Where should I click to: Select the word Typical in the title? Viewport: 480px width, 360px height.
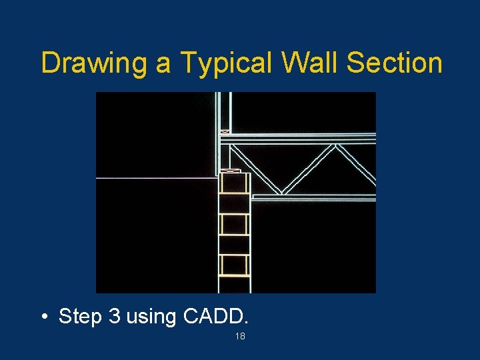coord(214,63)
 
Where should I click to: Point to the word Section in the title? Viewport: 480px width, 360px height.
coord(395,62)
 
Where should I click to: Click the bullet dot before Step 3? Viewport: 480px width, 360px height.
coord(43,317)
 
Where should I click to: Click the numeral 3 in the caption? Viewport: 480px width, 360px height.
coord(113,316)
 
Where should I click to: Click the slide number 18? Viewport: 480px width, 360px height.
coord(240,337)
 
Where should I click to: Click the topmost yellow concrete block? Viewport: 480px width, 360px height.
coord(234,183)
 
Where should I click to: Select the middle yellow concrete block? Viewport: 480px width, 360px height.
coord(234,224)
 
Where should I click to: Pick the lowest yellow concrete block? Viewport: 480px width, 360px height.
coord(234,265)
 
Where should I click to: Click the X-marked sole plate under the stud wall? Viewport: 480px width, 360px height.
coord(225,132)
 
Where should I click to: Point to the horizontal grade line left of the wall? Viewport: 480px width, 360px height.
coord(157,178)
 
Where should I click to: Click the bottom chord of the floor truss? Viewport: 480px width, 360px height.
coord(313,197)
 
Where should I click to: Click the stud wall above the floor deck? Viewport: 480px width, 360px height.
coord(225,110)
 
